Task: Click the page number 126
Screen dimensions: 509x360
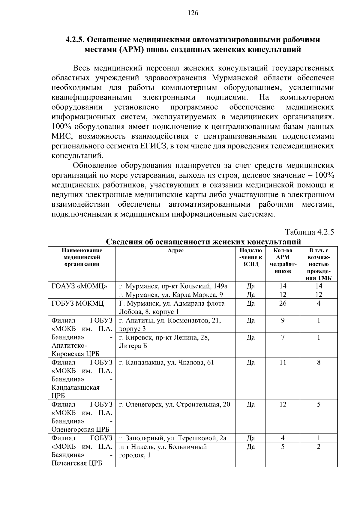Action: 193,13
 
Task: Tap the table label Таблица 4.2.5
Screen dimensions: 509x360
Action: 309,232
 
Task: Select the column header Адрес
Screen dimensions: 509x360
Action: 175,250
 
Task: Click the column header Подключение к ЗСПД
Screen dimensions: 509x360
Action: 250,257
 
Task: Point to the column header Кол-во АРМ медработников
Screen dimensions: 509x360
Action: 283,261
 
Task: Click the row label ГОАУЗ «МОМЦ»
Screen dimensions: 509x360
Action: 80,286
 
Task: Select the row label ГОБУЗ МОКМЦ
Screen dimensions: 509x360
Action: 78,303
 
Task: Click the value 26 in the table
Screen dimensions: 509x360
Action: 283,303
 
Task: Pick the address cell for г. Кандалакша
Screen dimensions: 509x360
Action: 166,362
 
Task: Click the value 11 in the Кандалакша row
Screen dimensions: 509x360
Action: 283,362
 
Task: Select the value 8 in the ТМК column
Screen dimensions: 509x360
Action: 319,362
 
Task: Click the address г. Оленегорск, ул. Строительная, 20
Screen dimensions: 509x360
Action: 175,404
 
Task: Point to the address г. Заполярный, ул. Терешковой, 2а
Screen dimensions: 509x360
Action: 173,438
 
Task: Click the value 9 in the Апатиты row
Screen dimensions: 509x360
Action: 283,320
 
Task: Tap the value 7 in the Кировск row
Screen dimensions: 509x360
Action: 283,337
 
